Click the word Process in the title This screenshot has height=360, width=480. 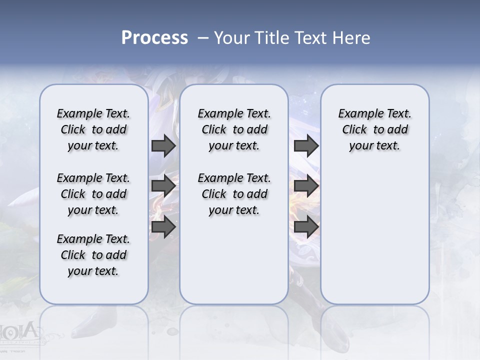coord(154,37)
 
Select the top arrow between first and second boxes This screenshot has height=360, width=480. coord(163,145)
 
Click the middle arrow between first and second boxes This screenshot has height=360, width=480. coord(163,186)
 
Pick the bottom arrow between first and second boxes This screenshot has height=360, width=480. coord(163,226)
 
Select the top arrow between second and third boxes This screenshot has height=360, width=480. coord(306,145)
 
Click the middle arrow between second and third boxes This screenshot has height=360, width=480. coord(306,186)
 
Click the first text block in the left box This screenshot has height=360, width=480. coord(93,129)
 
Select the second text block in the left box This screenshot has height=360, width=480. coord(93,194)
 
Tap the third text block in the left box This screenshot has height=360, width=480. coord(93,255)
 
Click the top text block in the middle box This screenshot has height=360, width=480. coord(234,129)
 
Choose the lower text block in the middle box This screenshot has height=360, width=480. coord(234,194)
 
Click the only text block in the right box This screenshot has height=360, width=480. coord(374,129)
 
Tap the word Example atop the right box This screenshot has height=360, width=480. coord(357,114)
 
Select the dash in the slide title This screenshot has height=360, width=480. coord(203,38)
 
